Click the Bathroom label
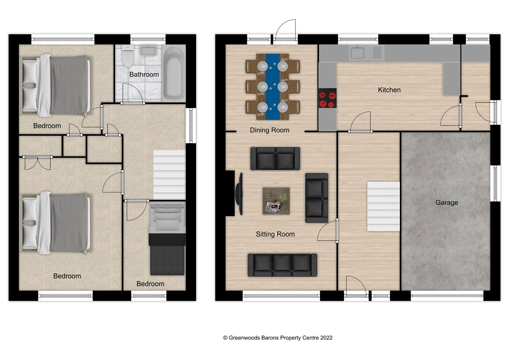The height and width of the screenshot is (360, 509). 144,74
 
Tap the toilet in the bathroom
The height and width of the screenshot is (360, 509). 128,56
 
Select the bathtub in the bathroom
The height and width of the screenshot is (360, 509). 174,72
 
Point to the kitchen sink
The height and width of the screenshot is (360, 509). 357,53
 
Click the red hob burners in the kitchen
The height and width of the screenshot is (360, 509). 327,99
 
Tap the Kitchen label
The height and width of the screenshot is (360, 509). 389,90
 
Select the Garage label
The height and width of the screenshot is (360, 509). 446,202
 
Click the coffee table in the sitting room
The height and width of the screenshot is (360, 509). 276,201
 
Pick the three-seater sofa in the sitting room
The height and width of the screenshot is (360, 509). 282,265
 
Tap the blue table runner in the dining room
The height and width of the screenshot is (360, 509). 273,86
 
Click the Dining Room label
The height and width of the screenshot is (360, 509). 269,130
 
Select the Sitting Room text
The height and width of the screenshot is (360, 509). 275,234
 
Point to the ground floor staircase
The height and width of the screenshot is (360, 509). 383,206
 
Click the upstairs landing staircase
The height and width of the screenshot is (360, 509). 169,175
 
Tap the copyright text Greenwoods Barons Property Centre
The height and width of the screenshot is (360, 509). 278,338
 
